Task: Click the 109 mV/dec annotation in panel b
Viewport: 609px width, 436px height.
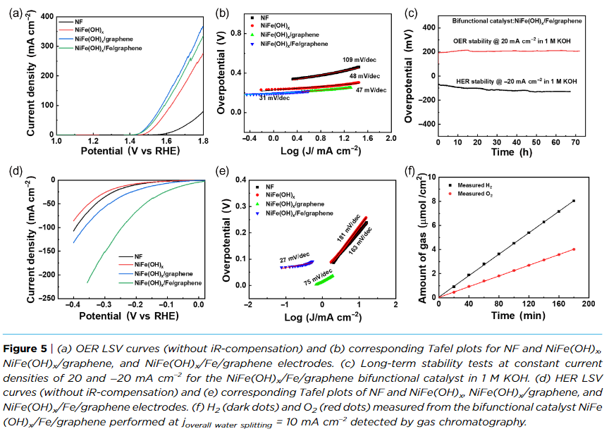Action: pos(357,60)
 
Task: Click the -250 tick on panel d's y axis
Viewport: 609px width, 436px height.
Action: pos(43,299)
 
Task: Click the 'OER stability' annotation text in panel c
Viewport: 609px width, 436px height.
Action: pos(512,41)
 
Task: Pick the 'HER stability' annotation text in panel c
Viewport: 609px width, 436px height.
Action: pos(512,82)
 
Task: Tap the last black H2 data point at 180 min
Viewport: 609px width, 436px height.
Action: pos(574,201)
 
